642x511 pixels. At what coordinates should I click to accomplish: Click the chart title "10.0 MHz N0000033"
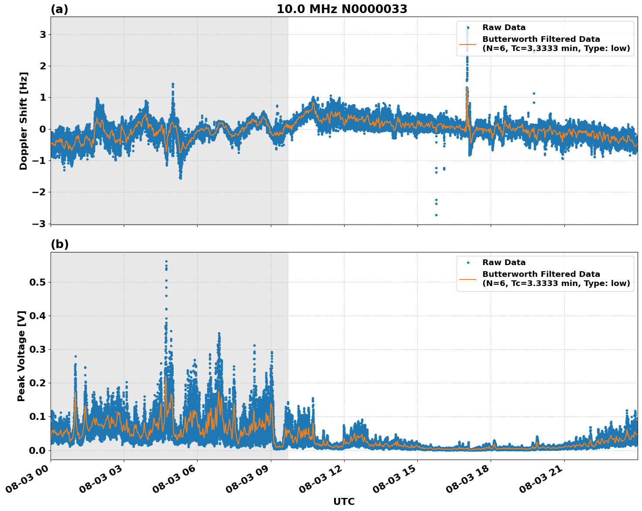pos(342,9)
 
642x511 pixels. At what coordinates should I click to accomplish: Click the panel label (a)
pos(59,9)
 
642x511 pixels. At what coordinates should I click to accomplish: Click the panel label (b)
pos(59,244)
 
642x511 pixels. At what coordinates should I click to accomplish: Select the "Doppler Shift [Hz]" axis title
pos(24,121)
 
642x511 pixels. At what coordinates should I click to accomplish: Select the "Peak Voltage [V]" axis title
pos(21,356)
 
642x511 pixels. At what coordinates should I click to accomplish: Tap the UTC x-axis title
pos(344,501)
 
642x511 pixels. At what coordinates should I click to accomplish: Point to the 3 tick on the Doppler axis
pos(43,34)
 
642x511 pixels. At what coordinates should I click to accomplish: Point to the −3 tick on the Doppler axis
pos(41,224)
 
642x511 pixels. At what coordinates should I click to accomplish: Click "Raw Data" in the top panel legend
pos(504,27)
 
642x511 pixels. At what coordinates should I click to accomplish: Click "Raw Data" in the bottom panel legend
pos(504,262)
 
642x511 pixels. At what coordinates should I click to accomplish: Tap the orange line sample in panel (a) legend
pos(468,44)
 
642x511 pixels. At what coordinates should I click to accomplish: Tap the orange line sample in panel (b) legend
pos(468,279)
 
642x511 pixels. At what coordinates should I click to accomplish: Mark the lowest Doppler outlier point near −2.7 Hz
pos(436,215)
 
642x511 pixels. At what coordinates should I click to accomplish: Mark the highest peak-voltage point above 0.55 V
pos(166,262)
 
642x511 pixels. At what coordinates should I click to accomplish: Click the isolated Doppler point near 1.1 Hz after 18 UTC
pos(533,93)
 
